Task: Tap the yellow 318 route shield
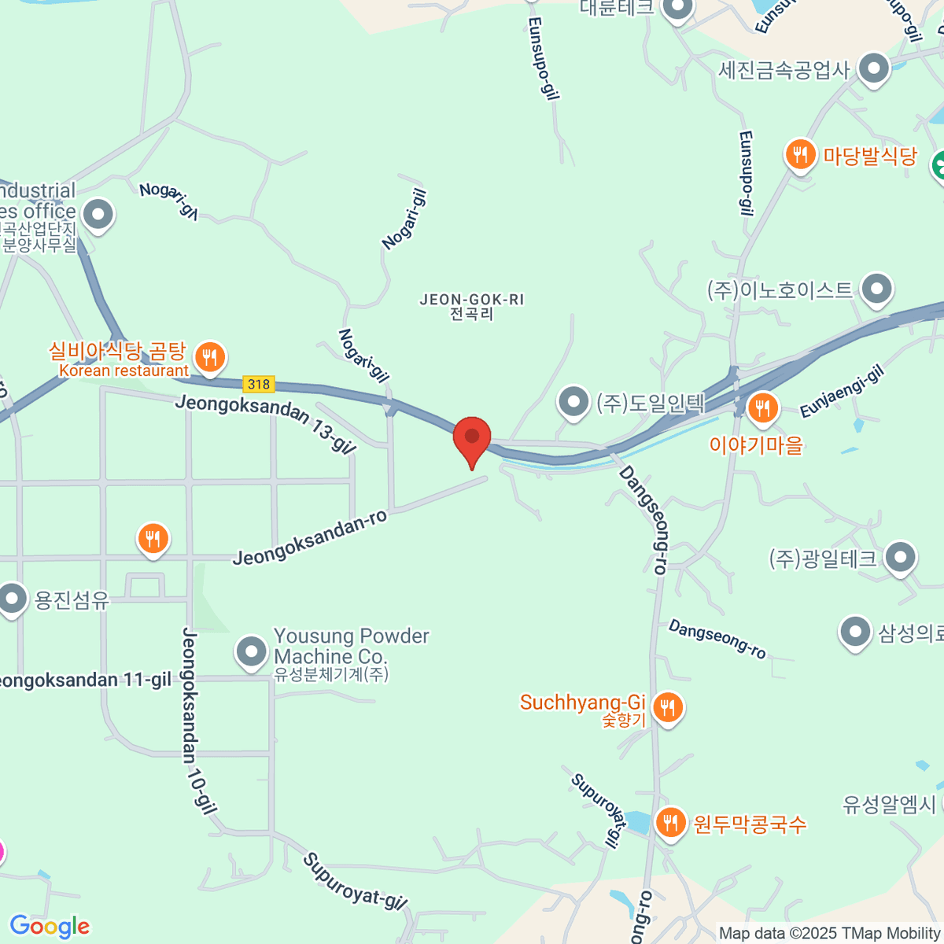click(x=259, y=384)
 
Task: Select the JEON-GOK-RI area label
click(x=472, y=306)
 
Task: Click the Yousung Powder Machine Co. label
click(x=351, y=647)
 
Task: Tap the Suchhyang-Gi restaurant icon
click(x=667, y=708)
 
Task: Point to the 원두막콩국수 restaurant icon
click(x=670, y=824)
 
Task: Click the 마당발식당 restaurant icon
click(x=800, y=154)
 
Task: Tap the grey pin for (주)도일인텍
click(x=573, y=402)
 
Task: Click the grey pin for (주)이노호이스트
click(x=876, y=289)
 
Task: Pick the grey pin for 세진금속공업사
click(x=873, y=69)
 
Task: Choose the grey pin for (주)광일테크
click(x=900, y=558)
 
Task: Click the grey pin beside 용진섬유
click(x=12, y=599)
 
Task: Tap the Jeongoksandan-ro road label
click(x=310, y=538)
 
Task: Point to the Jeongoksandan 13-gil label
click(x=265, y=423)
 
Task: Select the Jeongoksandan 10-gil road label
click(x=199, y=721)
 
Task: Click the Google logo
click(x=50, y=927)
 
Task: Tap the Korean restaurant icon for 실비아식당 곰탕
click(x=209, y=358)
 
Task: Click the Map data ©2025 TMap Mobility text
click(x=830, y=934)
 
